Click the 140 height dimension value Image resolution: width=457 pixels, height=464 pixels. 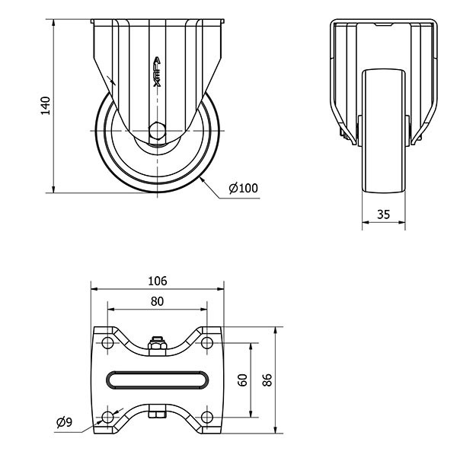tap(46, 106)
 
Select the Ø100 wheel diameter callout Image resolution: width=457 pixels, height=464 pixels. tap(243, 188)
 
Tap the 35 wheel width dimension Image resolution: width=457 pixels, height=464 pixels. tap(384, 215)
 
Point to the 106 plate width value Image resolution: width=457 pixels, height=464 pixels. tap(158, 281)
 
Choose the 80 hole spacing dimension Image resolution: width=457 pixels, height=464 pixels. tap(157, 301)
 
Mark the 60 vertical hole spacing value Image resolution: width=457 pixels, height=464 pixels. tap(242, 380)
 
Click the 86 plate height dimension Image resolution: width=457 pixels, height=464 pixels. tap(267, 380)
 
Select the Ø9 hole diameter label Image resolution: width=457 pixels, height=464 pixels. tap(64, 422)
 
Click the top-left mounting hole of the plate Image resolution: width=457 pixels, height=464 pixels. tap(107, 343)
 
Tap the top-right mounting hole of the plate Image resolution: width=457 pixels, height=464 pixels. tap(207, 343)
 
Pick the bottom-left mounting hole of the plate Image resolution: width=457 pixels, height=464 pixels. tap(107, 418)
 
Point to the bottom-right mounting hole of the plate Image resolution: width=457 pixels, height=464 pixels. tap(207, 418)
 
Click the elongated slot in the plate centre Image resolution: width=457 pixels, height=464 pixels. tap(157, 380)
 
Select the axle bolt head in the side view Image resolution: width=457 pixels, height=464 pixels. tap(157, 130)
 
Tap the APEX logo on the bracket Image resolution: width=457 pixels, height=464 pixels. tap(157, 72)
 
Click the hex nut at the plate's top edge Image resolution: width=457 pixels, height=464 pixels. tap(157, 345)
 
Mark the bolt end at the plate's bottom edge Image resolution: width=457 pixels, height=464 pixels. tap(157, 415)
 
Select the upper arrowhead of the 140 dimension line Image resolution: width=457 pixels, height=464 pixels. tap(53, 23)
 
